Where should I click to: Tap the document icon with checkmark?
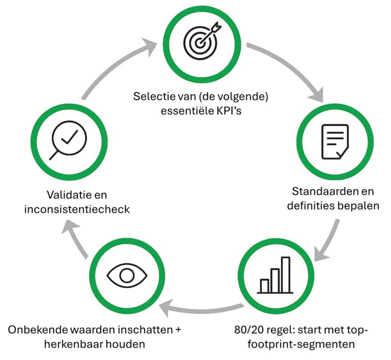(x=335, y=142)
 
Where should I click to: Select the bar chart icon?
(x=275, y=275)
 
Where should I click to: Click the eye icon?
(x=127, y=276)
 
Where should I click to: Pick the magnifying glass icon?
(x=68, y=140)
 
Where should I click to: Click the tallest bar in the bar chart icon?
(x=286, y=275)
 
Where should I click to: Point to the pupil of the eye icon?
(x=127, y=276)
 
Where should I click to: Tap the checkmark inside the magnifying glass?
(x=70, y=137)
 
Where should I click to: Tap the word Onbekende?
(x=37, y=330)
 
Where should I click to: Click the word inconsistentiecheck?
(x=77, y=209)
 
